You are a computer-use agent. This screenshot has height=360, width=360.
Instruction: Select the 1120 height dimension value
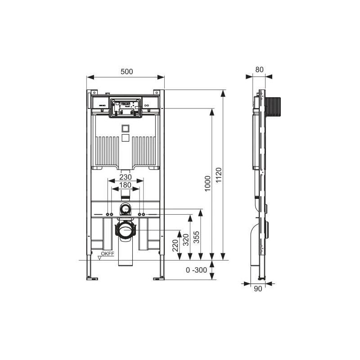point(219,175)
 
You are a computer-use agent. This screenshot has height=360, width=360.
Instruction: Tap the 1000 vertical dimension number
point(207,184)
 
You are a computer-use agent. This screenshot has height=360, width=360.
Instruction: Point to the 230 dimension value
point(126,177)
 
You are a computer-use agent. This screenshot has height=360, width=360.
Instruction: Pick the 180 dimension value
point(126,185)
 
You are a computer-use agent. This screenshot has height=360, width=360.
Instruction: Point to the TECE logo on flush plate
point(126,103)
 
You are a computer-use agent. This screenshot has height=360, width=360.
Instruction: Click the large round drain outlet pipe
point(126,230)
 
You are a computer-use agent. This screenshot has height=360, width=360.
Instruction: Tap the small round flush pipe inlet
point(126,209)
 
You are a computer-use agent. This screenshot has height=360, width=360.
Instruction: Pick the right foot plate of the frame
point(159,278)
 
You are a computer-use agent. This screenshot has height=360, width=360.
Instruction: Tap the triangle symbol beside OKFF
point(99,258)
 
